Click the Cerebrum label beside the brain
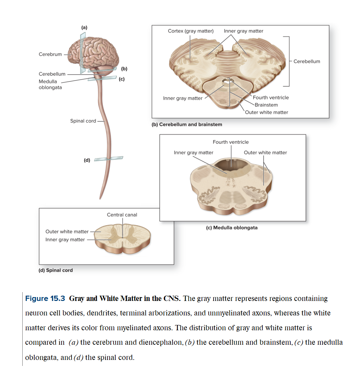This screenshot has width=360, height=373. [x=50, y=54]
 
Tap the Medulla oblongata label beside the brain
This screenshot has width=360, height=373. [x=50, y=84]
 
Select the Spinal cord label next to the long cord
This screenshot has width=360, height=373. [x=83, y=121]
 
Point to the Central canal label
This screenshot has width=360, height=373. [x=122, y=214]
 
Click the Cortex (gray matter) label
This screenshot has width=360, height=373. [x=191, y=31]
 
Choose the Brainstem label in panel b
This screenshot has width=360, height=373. [x=266, y=105]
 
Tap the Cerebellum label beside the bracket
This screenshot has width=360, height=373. [x=307, y=61]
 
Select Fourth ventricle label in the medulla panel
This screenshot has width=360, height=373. [x=231, y=142]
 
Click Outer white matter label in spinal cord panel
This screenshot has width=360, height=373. [x=67, y=231]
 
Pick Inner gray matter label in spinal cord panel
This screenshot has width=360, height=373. [x=65, y=239]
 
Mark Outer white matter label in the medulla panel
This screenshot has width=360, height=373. [x=265, y=153]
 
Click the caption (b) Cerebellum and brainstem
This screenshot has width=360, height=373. [x=187, y=124]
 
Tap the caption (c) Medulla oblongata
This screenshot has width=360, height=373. [x=232, y=227]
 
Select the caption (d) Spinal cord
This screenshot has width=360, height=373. [x=55, y=270]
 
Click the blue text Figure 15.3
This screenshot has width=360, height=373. [x=45, y=298]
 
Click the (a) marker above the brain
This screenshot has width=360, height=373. [x=84, y=27]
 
